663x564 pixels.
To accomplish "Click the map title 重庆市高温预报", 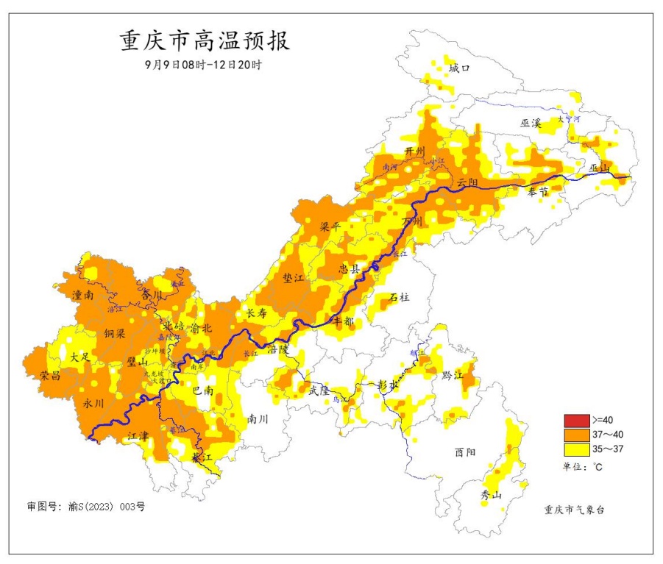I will [x=205, y=40].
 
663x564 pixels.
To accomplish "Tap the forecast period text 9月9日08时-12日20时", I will [x=204, y=65].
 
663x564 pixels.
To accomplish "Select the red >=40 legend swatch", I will [x=577, y=421].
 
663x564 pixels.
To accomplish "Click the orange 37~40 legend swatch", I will [x=577, y=434].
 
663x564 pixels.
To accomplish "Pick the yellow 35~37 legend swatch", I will [x=577, y=447].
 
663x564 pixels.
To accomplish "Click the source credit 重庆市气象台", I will [x=575, y=510].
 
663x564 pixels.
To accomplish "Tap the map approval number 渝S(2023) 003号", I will [x=86, y=507].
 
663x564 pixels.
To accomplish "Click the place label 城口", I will [x=458, y=68].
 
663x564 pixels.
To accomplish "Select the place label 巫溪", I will [x=531, y=124].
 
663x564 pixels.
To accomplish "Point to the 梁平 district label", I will [x=330, y=227].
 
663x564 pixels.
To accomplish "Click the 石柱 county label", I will [x=400, y=297].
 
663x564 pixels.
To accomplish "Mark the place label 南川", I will [x=258, y=420].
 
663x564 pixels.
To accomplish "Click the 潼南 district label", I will [x=82, y=295].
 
